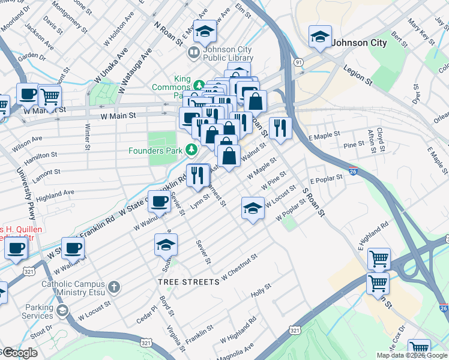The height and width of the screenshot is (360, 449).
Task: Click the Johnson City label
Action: (x=360, y=43)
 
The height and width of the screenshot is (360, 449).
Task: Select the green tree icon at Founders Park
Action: (x=191, y=149)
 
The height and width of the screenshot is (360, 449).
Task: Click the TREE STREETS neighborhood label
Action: (x=186, y=281)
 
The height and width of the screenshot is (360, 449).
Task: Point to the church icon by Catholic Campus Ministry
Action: (x=115, y=287)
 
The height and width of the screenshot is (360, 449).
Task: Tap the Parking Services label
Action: (x=38, y=311)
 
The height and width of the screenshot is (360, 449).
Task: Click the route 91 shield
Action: (x=298, y=62)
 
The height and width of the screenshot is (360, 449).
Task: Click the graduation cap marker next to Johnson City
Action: (x=320, y=37)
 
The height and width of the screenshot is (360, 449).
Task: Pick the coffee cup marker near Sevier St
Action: (x=159, y=202)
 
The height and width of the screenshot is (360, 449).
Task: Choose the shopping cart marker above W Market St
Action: (x=50, y=95)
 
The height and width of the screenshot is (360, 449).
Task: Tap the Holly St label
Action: (x=261, y=290)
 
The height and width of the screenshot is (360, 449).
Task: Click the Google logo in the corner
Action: (x=19, y=353)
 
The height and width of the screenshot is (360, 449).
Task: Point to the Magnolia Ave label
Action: (x=236, y=350)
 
